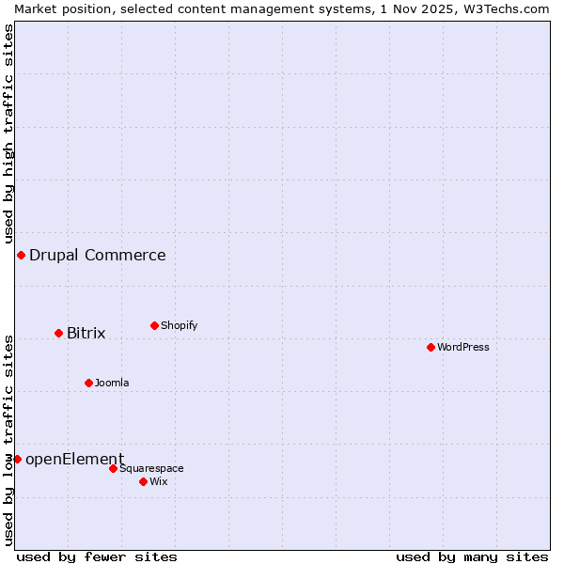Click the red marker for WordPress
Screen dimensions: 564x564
[431, 347]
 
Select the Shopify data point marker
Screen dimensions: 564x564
[154, 325]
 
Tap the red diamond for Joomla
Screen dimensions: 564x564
[88, 383]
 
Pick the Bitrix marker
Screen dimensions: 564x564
[58, 333]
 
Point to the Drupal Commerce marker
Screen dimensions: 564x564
[21, 255]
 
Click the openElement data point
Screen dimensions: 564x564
[17, 459]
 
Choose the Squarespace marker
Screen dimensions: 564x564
[113, 468]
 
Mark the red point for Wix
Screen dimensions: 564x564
[143, 481]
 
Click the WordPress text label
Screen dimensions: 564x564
[463, 347]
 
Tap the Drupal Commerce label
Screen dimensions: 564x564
[98, 255]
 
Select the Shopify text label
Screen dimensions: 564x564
[180, 325]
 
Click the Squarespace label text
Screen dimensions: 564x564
[151, 468]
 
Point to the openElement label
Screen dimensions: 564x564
[74, 459]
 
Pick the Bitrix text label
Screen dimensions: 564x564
[86, 333]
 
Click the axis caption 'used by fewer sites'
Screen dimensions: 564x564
[97, 556]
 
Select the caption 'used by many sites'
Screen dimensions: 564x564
[472, 556]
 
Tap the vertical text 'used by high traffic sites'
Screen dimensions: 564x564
[8, 134]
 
